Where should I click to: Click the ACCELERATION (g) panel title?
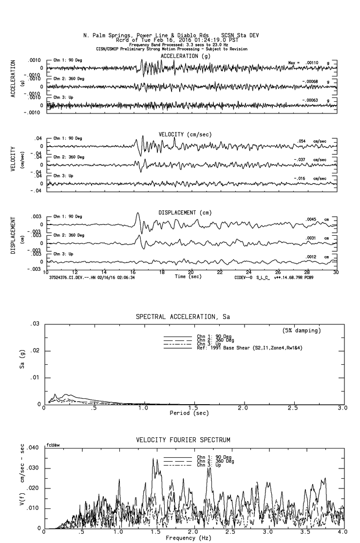(x=188, y=56)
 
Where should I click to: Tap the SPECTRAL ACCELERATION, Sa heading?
(x=182, y=317)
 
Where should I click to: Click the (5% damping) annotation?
(x=302, y=331)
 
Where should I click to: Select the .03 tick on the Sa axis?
(x=35, y=324)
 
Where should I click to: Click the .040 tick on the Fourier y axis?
(x=32, y=448)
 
